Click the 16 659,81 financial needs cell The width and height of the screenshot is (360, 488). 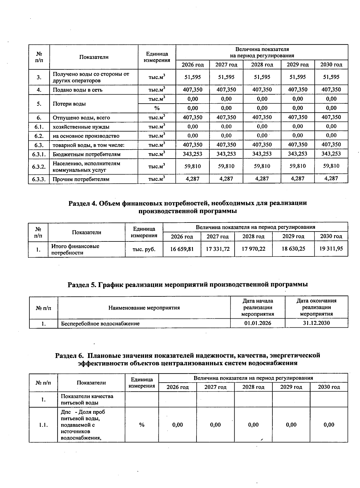point(182,249)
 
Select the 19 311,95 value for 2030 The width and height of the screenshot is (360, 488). point(331,249)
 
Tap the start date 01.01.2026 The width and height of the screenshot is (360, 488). point(258,323)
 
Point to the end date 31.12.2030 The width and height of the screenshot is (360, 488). point(316,323)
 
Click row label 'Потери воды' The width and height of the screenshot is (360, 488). point(69,104)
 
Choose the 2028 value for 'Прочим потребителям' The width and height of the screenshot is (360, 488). point(262,179)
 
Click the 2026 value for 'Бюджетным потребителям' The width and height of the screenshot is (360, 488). point(193,154)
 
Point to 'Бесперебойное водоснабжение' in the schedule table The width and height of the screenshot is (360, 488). point(100,324)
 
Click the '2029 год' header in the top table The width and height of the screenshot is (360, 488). point(298,65)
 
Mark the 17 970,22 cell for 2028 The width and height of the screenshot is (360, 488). point(254,249)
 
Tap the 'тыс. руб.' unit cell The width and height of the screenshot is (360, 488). point(144,249)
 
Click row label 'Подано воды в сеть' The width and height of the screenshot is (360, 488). point(78,90)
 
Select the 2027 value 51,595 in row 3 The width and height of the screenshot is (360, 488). point(226,77)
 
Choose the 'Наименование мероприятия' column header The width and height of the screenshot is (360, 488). point(144,308)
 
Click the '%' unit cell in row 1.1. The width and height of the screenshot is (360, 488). point(142,425)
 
